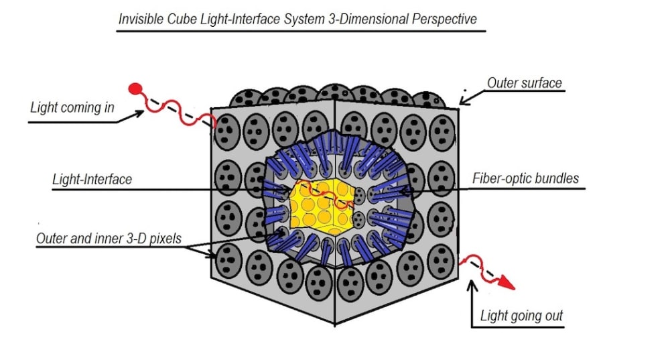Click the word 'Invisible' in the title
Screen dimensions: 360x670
[x=141, y=19]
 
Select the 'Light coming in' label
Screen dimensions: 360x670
[x=72, y=107]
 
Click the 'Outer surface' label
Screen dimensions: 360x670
[x=524, y=84]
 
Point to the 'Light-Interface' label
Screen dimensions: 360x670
[x=92, y=180]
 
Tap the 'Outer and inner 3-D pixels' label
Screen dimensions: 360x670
[x=109, y=239]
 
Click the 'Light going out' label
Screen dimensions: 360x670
[x=522, y=315]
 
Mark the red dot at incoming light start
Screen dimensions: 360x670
[x=135, y=88]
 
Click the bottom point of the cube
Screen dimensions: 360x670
[x=334, y=324]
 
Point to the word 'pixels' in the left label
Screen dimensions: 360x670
[x=165, y=239]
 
